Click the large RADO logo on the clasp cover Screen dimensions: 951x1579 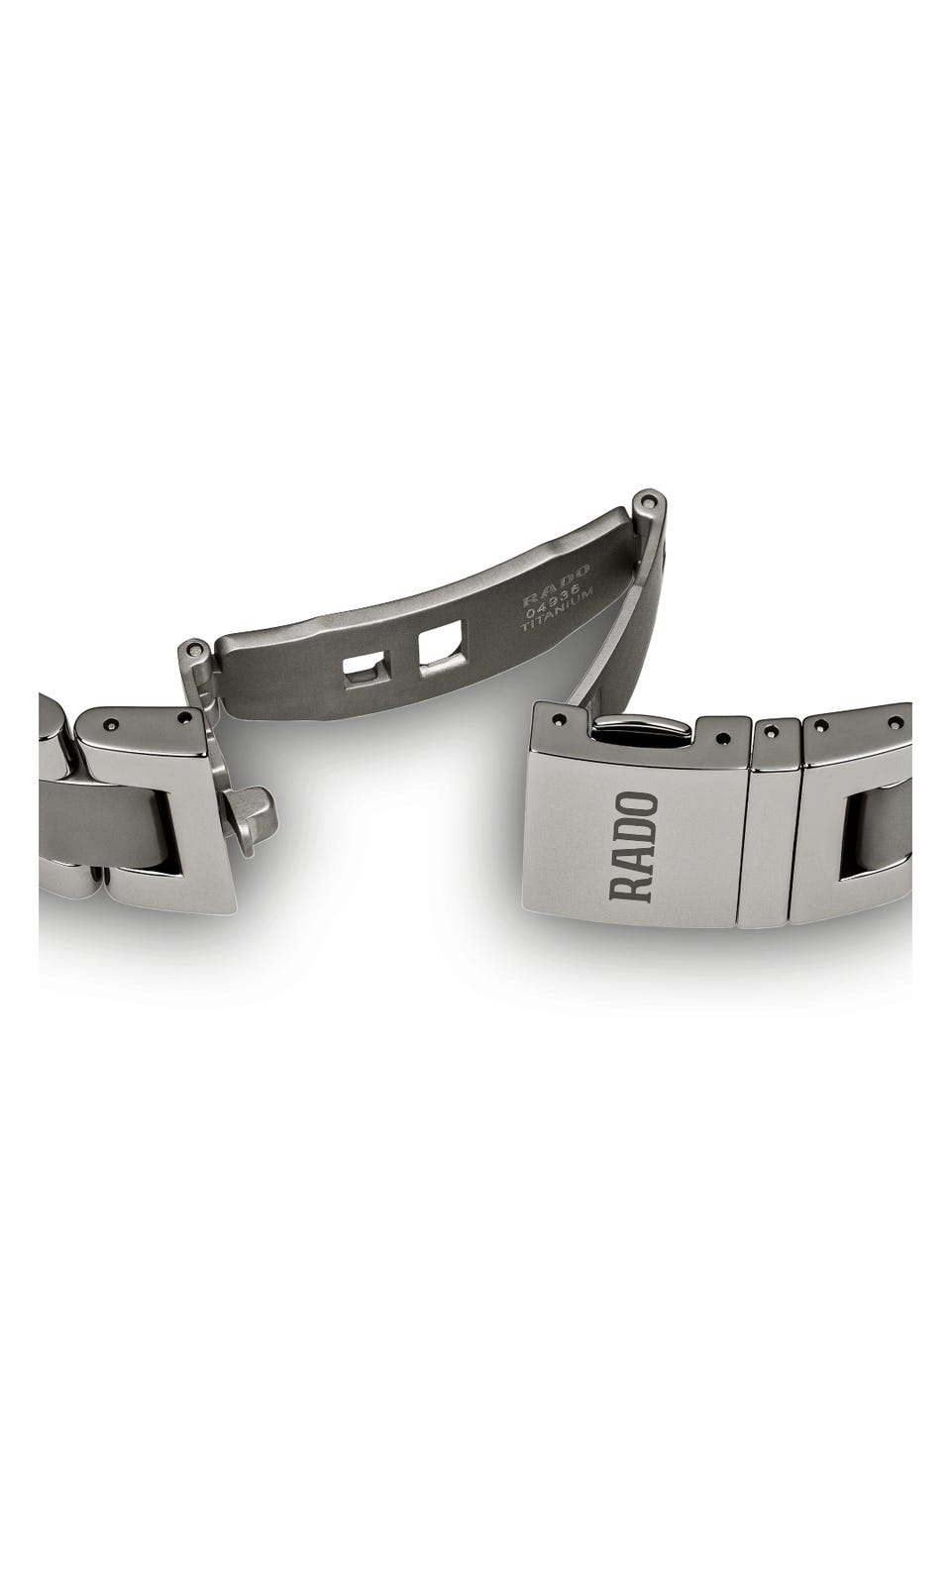point(633,847)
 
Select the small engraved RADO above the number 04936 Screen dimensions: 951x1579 point(556,580)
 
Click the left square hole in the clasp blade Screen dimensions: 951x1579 point(366,668)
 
